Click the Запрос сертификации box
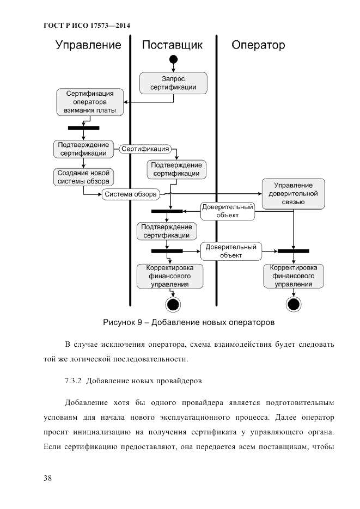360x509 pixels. click(x=174, y=83)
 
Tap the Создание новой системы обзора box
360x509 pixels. click(x=83, y=177)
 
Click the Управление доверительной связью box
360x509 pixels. click(x=293, y=194)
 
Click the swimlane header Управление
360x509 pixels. click(x=88, y=45)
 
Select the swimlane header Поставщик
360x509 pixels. click(x=173, y=45)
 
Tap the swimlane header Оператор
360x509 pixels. click(x=258, y=45)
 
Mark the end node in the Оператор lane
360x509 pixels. click(x=294, y=304)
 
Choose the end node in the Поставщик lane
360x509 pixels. click(x=173, y=304)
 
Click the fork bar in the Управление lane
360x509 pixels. click(x=83, y=128)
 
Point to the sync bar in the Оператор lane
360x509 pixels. click(x=294, y=251)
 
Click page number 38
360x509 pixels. click(x=48, y=478)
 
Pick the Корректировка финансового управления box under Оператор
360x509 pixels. click(x=294, y=276)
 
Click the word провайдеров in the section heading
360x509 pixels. click(x=176, y=381)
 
